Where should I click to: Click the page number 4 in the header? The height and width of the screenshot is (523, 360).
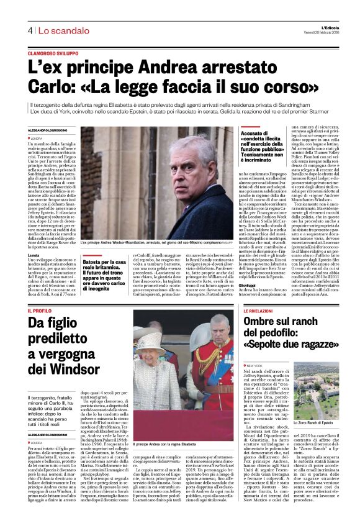[x=29, y=30]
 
